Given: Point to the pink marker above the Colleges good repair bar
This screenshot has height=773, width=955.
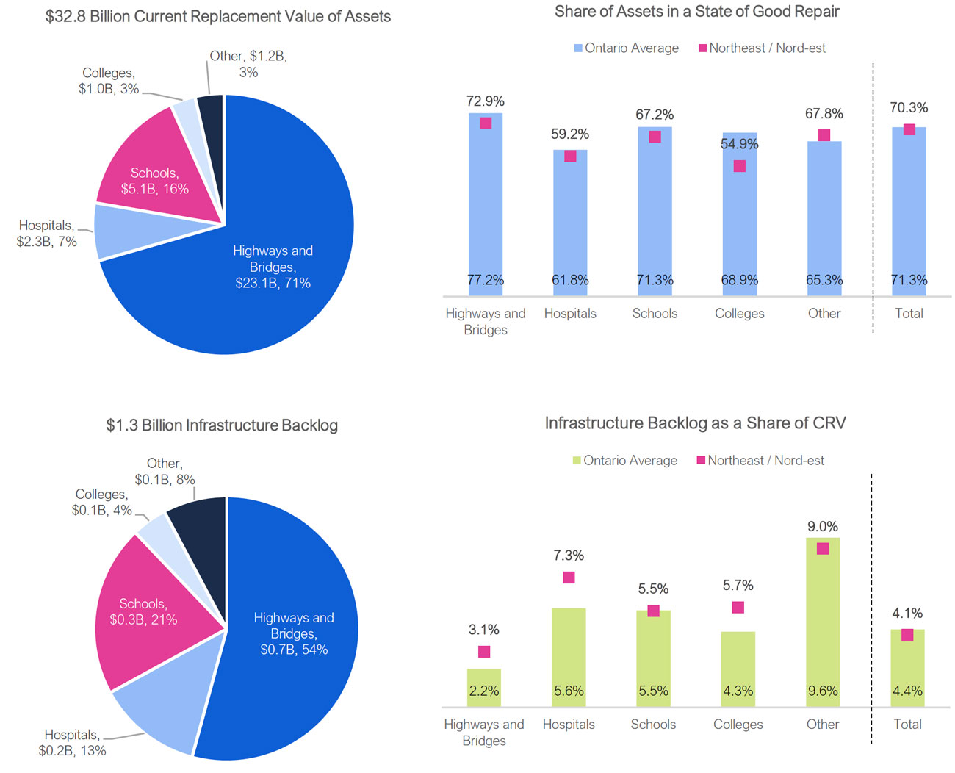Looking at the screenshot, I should point(740,166).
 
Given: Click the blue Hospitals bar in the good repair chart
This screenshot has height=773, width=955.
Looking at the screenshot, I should point(570,220).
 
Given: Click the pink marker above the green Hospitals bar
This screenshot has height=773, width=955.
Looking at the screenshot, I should point(569,578).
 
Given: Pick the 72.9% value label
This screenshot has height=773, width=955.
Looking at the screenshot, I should point(486,101).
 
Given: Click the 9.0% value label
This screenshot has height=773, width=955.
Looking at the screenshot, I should point(823,527).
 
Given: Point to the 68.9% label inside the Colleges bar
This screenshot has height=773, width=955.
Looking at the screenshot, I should point(740,280).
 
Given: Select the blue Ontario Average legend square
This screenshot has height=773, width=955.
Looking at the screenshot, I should point(578,48).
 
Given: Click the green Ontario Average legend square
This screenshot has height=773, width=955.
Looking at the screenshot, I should point(577,461).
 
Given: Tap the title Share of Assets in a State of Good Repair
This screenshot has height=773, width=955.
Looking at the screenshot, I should point(696,12).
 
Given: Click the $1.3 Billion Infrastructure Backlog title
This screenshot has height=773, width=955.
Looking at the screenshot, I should point(222,425).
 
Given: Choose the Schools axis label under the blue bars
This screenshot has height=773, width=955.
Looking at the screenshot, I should point(655,314).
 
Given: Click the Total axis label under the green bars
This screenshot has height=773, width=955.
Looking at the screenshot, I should point(907,725).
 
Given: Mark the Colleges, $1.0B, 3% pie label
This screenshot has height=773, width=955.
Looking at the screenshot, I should point(109,81).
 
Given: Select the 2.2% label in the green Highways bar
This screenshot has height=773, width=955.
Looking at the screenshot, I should point(484,691).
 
